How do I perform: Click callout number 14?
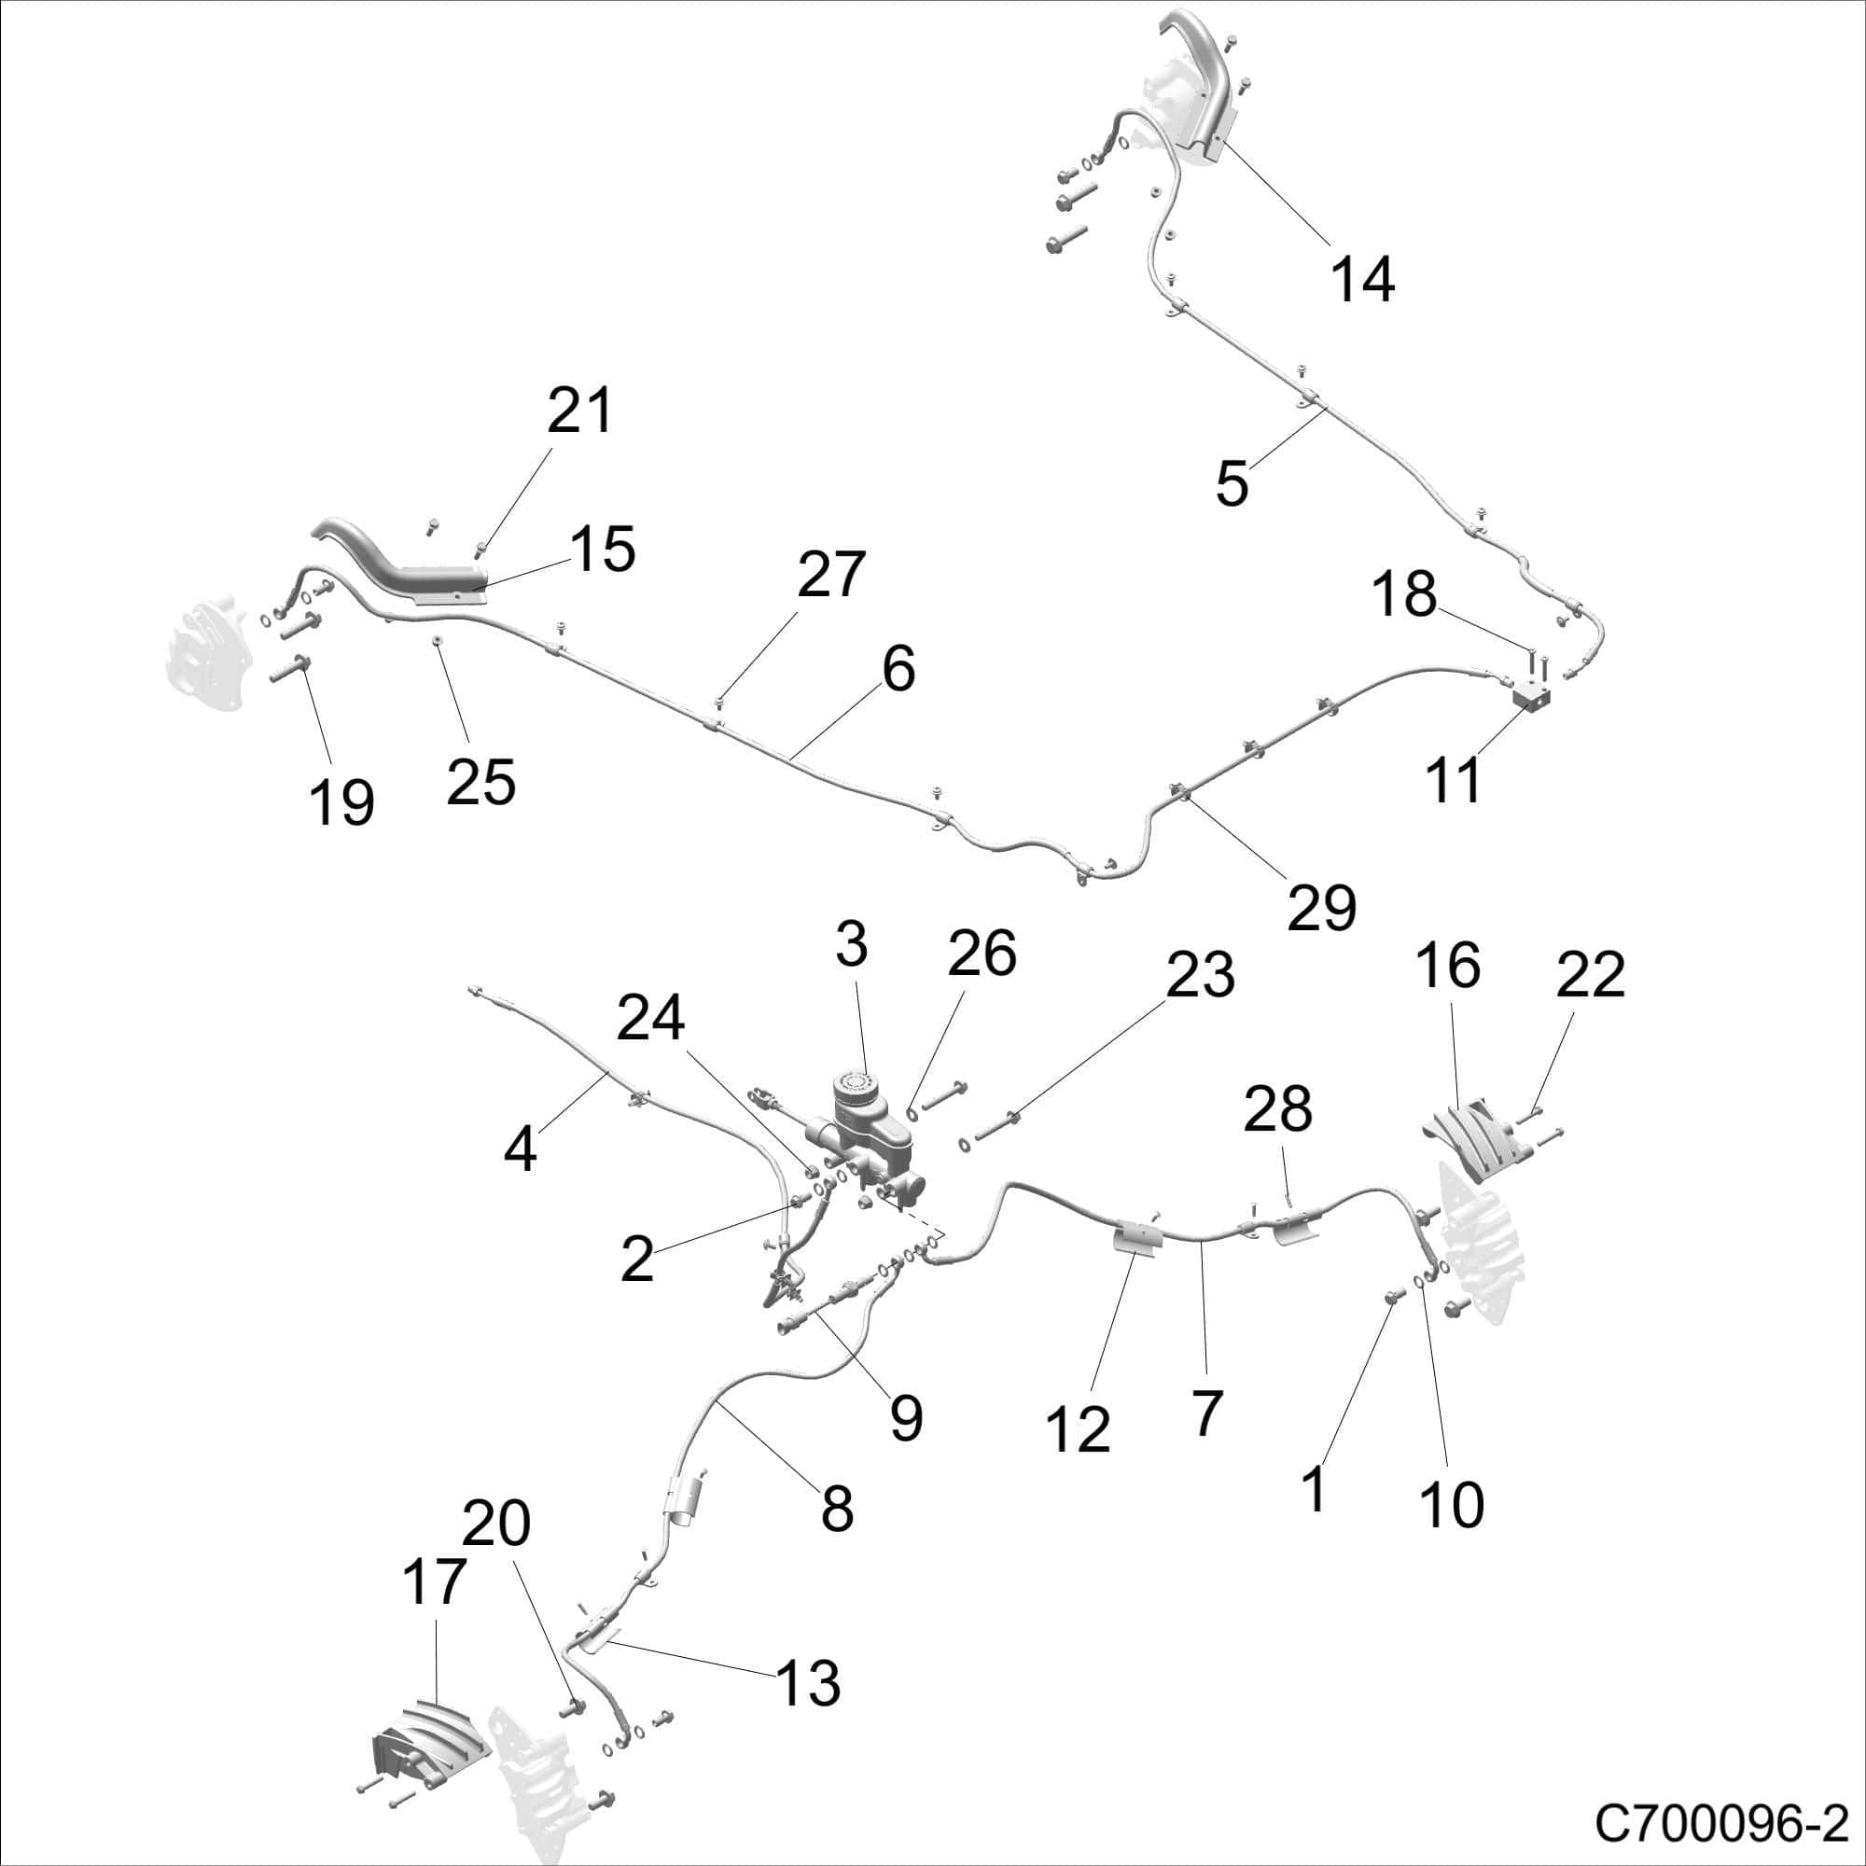point(1362,279)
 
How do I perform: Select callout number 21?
point(579,411)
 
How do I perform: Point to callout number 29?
point(1322,907)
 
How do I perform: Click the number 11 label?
point(1453,779)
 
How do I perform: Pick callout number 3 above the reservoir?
point(851,942)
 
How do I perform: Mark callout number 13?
point(807,1681)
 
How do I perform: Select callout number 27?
point(830,575)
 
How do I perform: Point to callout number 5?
point(1232,483)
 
